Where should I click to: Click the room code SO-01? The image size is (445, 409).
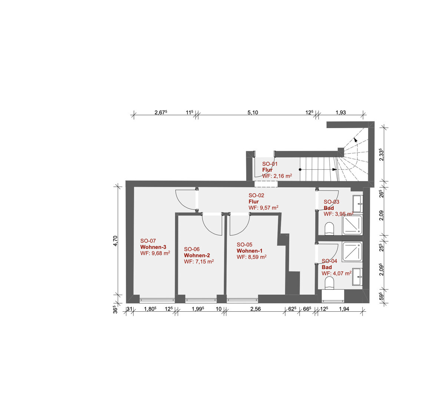point(270,164)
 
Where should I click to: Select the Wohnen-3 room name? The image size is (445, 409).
point(153,247)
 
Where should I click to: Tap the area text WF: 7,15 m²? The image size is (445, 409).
point(199,262)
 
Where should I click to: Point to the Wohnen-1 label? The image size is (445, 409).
point(249,251)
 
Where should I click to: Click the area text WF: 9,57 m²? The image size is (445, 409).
point(263,208)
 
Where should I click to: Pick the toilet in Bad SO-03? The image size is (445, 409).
point(329,229)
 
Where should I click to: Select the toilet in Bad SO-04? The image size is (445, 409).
point(329,283)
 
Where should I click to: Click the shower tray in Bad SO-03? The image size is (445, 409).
point(352,225)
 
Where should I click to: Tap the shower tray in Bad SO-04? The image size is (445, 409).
point(352,252)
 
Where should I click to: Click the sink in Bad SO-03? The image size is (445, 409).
point(357,204)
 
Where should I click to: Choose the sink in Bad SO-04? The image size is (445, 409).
point(357,277)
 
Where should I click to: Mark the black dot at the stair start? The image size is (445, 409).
point(300,170)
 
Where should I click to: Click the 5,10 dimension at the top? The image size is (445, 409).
point(253,113)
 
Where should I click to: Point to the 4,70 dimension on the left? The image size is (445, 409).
point(115,241)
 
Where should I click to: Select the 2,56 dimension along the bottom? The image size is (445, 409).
point(256,309)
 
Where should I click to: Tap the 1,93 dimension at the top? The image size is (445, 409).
point(340,113)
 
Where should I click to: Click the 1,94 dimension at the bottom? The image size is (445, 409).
point(344,309)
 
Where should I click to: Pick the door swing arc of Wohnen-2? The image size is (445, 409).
point(208,229)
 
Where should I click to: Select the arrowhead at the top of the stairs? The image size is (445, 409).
point(355,140)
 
